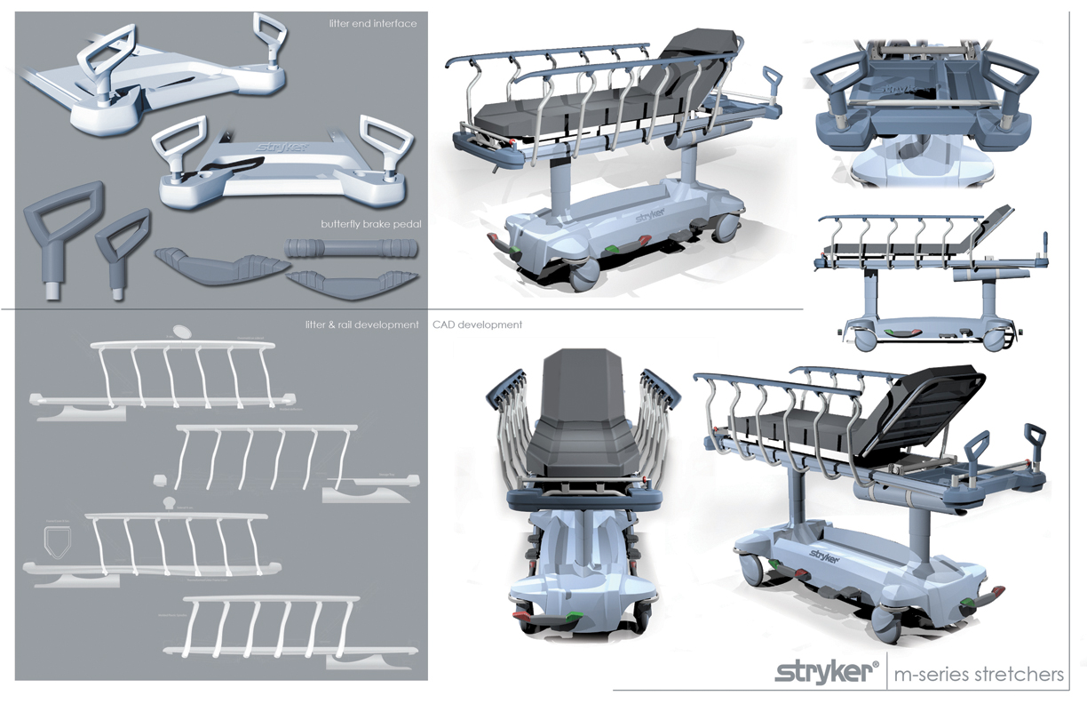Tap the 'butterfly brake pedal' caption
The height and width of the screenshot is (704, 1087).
(370, 224)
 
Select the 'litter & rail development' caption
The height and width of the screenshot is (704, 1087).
(361, 325)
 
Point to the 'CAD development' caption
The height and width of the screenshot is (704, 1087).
(477, 325)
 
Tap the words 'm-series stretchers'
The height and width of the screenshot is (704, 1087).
(980, 674)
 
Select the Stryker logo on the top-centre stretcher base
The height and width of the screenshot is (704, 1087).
(650, 215)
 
